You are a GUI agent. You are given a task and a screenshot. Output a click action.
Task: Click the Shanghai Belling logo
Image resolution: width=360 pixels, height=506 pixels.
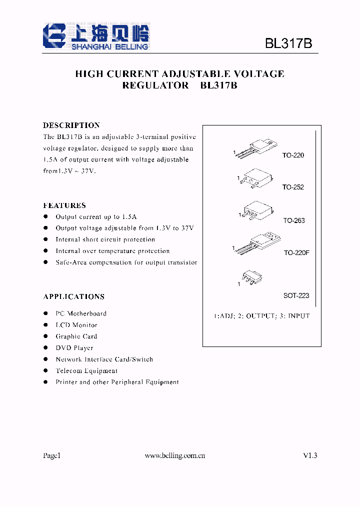click(x=96, y=36)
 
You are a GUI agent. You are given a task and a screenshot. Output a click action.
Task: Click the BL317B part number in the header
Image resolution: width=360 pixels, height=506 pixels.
click(x=288, y=43)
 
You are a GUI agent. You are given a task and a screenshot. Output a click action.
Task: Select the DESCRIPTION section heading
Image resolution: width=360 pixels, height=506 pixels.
click(x=71, y=125)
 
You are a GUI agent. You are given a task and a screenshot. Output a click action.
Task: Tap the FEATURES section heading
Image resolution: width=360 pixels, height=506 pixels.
click(x=64, y=205)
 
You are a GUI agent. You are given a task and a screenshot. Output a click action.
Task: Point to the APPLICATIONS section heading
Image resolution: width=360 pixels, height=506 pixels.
click(x=74, y=296)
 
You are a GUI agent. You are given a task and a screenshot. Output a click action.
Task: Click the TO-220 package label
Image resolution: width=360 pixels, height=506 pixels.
click(x=293, y=155)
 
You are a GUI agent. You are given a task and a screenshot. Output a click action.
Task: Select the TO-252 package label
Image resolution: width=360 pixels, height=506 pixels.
click(x=293, y=187)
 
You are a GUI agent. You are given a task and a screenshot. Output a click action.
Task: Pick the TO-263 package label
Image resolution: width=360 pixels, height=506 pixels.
click(x=294, y=220)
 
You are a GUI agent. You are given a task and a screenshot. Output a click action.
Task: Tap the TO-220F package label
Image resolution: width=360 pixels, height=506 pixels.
click(x=297, y=253)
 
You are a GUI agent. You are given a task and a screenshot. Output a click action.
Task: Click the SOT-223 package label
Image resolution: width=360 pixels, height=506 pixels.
click(x=296, y=295)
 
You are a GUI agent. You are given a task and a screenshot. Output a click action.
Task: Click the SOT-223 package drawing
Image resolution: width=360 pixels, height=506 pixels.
click(x=251, y=276)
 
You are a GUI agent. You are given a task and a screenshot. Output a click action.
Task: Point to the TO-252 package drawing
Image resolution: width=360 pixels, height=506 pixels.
click(x=256, y=177)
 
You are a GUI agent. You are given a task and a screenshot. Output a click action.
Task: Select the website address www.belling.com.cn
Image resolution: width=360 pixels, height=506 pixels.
click(x=175, y=455)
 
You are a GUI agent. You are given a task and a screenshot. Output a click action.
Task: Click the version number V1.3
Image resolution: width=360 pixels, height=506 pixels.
click(x=310, y=455)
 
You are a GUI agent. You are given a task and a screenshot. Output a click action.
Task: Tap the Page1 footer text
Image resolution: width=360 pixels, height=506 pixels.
click(x=51, y=455)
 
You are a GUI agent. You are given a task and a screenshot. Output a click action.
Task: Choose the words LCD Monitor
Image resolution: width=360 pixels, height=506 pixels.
click(x=76, y=325)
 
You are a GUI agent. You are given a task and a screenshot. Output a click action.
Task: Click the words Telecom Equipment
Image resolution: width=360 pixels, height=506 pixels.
click(x=86, y=371)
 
